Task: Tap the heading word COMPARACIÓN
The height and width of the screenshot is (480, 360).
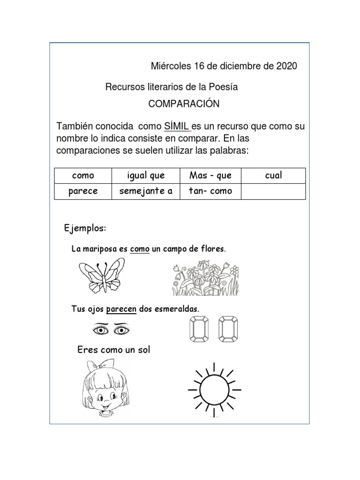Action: pos(184,104)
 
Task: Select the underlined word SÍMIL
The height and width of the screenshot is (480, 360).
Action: pos(176,127)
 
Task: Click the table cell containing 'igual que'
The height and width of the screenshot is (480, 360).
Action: pos(146,176)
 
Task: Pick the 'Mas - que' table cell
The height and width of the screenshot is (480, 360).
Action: pos(210,176)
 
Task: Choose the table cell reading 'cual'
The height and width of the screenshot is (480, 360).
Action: pos(273,176)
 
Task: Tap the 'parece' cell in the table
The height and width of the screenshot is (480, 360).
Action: pos(83,191)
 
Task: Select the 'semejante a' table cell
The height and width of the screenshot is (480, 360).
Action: pos(146,191)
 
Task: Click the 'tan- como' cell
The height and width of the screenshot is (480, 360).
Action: pos(210,191)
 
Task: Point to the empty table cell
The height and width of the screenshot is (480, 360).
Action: pos(273,191)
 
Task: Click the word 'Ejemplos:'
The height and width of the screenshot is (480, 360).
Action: pos(85,228)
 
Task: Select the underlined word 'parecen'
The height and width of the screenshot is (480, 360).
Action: pos(121,309)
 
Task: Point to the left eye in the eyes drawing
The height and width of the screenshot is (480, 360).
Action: pos(100,330)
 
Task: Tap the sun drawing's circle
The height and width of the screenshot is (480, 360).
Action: pos(215,389)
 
